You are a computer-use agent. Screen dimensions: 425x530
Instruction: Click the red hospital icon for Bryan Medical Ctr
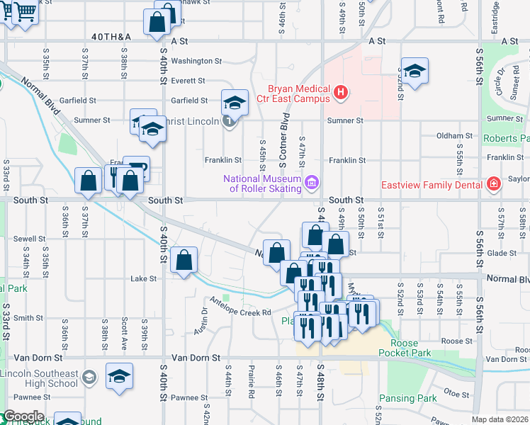point(341,91)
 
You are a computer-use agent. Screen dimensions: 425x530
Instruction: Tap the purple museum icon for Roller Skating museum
point(310,183)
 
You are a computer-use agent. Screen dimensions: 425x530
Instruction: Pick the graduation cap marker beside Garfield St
point(235,103)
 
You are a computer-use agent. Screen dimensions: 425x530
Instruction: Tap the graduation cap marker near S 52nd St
point(415,71)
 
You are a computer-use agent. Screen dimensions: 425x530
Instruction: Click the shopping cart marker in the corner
point(25,12)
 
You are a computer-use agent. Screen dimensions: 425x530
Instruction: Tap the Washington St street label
point(196,61)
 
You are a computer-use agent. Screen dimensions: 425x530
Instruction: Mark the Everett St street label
point(188,81)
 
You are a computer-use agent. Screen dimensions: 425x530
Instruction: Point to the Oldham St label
point(454,135)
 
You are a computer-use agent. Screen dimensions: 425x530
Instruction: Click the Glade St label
point(502,253)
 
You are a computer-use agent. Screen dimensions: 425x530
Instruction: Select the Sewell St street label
point(29,239)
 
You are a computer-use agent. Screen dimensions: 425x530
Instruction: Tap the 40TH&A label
point(111,36)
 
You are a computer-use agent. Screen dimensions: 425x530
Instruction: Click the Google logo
point(23,416)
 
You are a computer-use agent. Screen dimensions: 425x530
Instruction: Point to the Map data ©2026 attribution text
point(500,419)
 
